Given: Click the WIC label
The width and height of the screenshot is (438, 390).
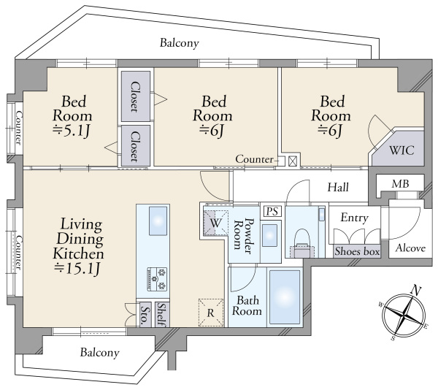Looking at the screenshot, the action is point(401,150).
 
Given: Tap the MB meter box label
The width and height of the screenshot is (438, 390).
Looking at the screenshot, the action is point(400,184).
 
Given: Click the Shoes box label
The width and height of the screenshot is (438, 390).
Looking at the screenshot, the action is point(357,251).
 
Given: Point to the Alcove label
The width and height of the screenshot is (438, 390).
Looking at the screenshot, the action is point(410,248).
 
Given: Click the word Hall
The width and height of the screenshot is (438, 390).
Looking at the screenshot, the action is point(338,187).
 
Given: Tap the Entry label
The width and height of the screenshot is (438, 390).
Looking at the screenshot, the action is point(355,218).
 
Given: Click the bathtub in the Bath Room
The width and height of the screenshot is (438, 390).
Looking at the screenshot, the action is point(285,297).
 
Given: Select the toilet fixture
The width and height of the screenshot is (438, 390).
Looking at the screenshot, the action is point(303,243).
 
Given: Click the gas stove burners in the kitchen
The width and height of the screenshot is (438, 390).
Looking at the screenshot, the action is point(157,280).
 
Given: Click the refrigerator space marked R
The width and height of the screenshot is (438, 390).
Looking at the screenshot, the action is point(211,313).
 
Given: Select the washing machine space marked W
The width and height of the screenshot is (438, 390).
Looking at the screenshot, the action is point(215,223).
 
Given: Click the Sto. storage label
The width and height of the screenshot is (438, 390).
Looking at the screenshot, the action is point(145,315).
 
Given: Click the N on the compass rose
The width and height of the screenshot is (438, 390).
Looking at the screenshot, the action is point(416,291).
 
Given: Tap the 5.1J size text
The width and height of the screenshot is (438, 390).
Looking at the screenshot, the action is point(72,130).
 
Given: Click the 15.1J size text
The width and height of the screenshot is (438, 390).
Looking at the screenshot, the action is point(77,269).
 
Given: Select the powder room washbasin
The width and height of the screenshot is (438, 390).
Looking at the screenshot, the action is point(270,235).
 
